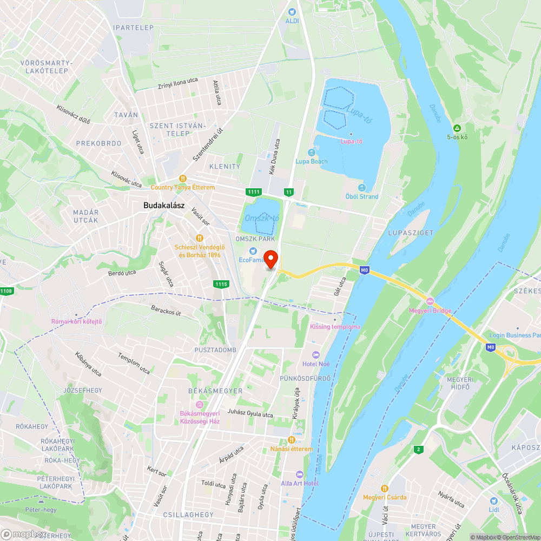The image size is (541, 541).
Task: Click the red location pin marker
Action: [x=270, y=259]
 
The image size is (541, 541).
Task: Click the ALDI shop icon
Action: [x=292, y=11]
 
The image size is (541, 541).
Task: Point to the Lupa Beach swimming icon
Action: [x=311, y=153]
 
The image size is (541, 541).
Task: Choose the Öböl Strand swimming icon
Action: [x=362, y=188]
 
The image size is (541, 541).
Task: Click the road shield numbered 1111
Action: [x=253, y=192]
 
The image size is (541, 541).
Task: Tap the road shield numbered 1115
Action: [x=221, y=284]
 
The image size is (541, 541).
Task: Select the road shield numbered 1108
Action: [x=6, y=292]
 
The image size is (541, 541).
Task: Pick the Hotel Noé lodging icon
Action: [x=316, y=354]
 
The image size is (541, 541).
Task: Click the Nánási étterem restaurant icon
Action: [x=292, y=440]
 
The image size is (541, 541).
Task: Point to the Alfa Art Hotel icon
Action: [x=300, y=474]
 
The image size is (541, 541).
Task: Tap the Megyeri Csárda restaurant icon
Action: [x=385, y=488]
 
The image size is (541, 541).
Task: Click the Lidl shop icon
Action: [x=493, y=501]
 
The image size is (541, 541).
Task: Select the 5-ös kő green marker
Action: [x=457, y=128]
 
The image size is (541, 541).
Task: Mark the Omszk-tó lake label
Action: [x=262, y=218]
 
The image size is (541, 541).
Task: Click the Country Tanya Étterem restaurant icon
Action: [x=183, y=179]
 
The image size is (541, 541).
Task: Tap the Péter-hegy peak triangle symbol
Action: [x=41, y=501]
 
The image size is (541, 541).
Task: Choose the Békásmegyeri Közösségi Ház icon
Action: [x=200, y=405]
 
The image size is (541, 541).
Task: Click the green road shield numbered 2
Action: [x=418, y=449]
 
